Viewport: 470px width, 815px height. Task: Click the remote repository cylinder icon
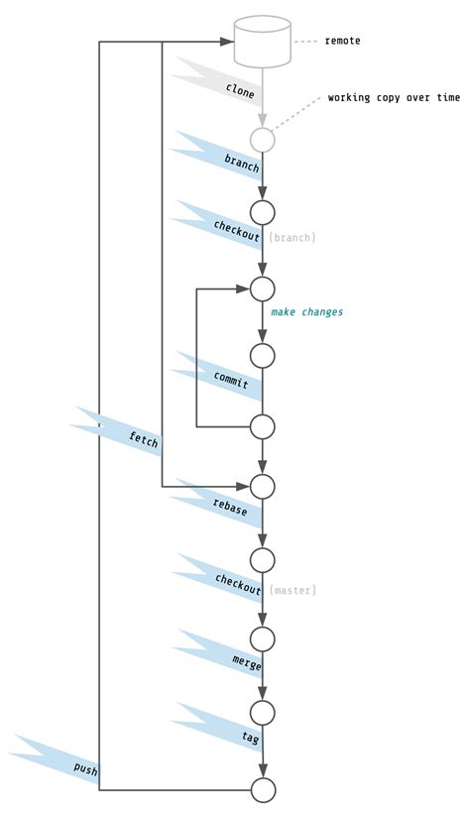click(263, 40)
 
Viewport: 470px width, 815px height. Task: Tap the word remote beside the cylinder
click(342, 41)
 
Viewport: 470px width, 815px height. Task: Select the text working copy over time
click(394, 98)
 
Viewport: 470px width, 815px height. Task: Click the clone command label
click(240, 92)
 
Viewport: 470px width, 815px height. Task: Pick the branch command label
click(242, 163)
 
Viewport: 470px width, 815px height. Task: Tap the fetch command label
click(143, 439)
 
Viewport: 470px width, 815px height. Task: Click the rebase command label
click(230, 507)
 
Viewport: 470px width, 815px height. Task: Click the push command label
click(85, 769)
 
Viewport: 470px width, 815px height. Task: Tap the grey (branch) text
click(293, 237)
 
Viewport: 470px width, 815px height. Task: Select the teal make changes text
click(307, 312)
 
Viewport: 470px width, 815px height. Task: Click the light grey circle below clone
click(262, 140)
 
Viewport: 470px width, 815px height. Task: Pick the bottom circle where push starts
click(263, 789)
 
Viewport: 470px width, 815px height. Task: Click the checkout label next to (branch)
click(237, 228)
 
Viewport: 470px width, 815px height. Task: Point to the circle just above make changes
click(263, 289)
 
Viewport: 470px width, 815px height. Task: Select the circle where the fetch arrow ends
click(263, 486)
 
